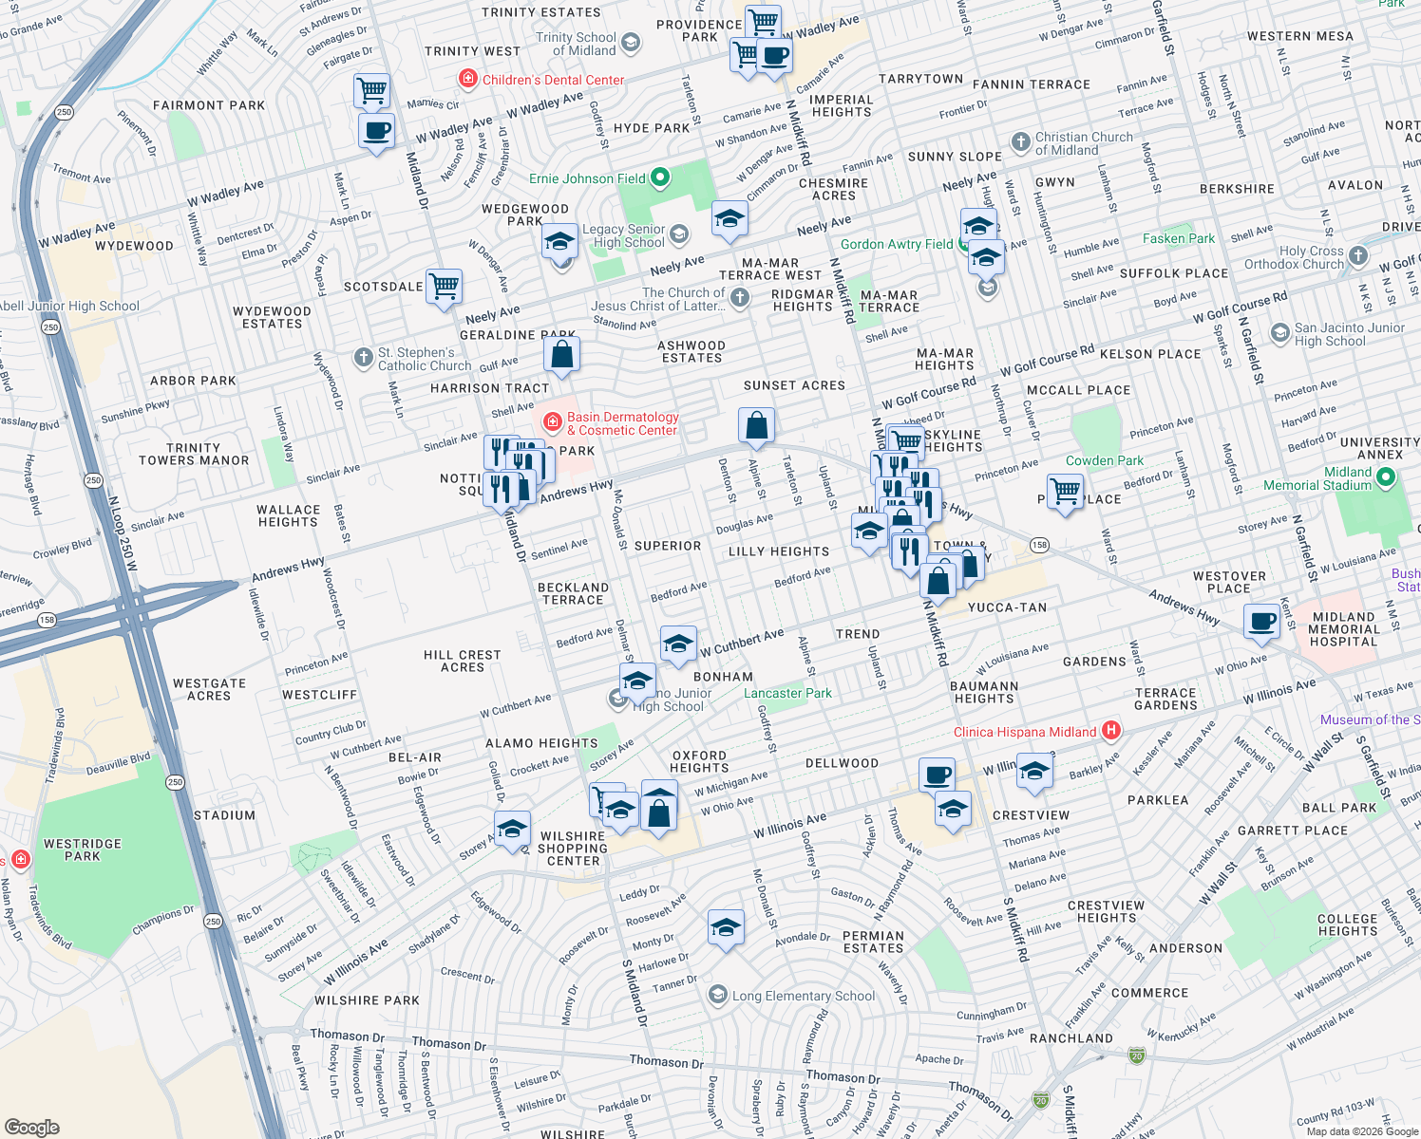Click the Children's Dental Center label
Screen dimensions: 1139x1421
coord(553,80)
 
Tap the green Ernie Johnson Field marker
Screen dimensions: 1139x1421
coord(662,177)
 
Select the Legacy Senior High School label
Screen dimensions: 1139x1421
coord(623,235)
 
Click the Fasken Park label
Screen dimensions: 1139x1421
coord(1178,238)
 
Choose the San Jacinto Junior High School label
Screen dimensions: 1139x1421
coord(1349,334)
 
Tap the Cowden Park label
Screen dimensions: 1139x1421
coord(1104,460)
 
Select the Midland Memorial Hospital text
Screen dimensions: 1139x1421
coord(1343,629)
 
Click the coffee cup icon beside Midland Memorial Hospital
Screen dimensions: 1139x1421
coord(1261,623)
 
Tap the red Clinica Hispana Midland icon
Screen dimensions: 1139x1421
coord(1110,731)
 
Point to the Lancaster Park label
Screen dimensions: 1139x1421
coord(787,693)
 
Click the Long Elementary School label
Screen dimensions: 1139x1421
coord(804,996)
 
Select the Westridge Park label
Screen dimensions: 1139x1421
coord(83,850)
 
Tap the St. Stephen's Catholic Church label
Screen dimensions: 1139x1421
coord(424,359)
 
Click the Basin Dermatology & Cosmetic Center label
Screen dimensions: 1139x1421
coord(622,423)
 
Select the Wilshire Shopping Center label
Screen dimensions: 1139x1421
coord(573,849)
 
